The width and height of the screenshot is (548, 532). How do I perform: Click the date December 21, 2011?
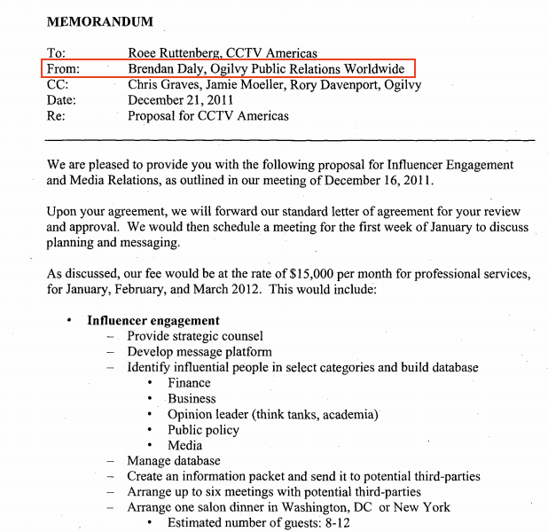pos(180,100)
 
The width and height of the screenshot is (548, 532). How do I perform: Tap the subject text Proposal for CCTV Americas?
pos(208,116)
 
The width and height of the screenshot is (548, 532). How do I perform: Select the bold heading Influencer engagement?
pos(153,320)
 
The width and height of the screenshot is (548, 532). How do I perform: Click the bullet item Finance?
pos(189,383)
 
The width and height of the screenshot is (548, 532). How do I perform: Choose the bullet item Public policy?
pos(203,430)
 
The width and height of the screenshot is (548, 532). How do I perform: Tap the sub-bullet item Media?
pos(184,445)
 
